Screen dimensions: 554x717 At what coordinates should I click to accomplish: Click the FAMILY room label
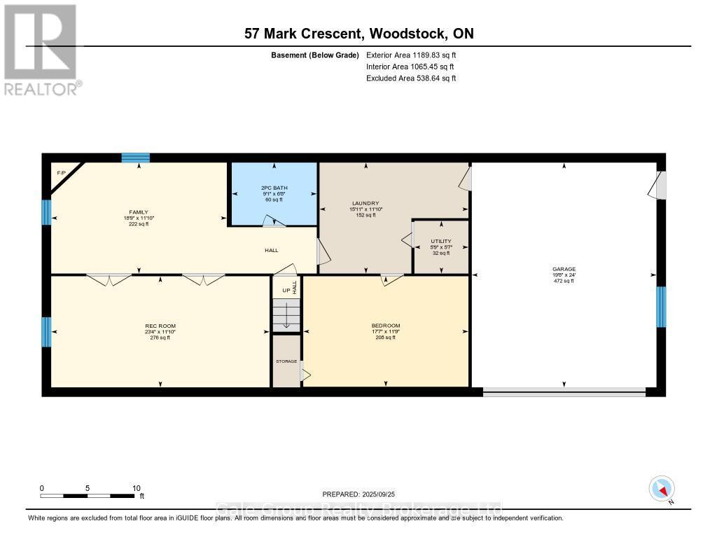(138, 211)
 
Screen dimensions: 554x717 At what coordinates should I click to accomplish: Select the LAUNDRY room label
(366, 202)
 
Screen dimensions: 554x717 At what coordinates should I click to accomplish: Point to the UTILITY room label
(440, 241)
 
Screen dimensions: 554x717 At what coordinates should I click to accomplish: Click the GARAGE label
(564, 269)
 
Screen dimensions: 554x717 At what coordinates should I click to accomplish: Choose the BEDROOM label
(385, 326)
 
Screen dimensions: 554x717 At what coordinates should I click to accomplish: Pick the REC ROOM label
(160, 326)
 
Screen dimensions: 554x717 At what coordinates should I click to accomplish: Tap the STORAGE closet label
(286, 361)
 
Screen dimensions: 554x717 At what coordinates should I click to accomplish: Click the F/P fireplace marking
(61, 172)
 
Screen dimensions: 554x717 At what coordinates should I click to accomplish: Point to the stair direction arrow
(286, 317)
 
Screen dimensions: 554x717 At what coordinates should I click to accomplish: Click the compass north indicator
(662, 488)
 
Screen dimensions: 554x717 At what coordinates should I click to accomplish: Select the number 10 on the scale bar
(136, 488)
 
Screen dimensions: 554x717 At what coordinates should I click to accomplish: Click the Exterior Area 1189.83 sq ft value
(411, 55)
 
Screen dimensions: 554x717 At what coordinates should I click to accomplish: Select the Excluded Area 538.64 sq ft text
(411, 78)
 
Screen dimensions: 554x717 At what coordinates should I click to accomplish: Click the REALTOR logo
(41, 49)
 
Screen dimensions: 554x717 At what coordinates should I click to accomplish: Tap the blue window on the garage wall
(660, 307)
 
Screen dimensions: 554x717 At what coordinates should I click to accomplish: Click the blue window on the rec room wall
(46, 332)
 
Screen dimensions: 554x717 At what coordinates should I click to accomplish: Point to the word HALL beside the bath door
(272, 249)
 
